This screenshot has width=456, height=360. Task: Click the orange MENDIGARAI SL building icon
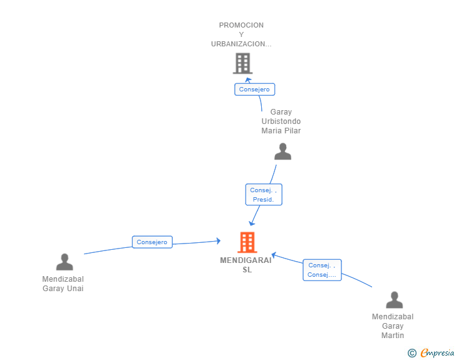(247, 242)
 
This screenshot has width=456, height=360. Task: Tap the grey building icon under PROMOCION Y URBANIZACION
(242, 63)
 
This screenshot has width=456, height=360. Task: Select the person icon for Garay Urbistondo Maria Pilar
(282, 152)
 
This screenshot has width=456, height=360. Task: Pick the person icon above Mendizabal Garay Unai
(65, 262)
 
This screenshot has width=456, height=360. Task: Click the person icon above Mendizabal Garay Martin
(395, 299)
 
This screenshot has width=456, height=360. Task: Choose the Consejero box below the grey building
(254, 90)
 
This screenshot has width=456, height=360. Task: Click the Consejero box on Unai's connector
(152, 242)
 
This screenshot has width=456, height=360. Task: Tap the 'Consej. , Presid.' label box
(264, 195)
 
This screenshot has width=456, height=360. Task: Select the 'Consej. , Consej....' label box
(322, 270)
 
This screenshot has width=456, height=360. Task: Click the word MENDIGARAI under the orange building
(246, 260)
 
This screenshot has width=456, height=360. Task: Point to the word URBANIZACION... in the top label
(241, 44)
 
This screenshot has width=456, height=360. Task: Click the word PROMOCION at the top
(241, 25)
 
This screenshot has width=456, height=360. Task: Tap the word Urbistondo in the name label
(281, 121)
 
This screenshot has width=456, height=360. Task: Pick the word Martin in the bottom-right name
(393, 336)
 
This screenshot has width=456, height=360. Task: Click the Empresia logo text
(437, 352)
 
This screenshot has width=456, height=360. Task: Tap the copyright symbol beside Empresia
(412, 353)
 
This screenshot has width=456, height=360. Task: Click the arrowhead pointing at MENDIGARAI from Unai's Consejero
(219, 241)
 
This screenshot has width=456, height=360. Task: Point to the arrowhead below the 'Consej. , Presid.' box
(252, 224)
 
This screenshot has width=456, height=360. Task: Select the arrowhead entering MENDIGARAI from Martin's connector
(274, 255)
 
